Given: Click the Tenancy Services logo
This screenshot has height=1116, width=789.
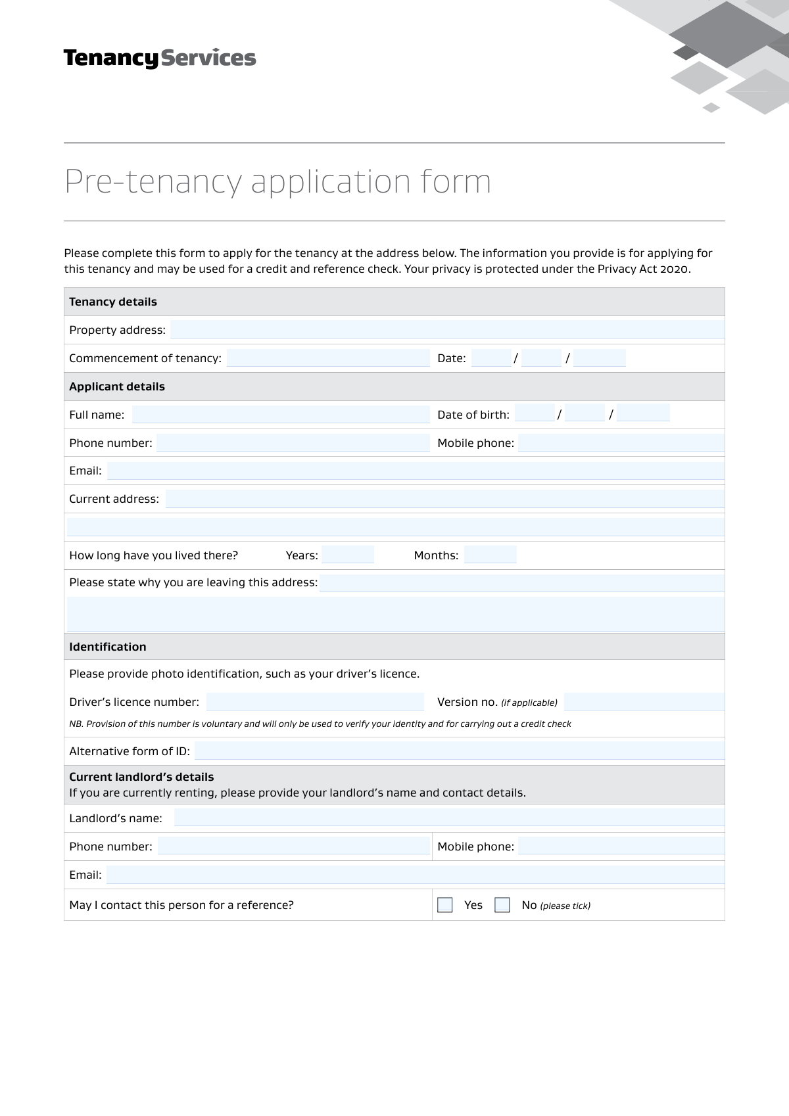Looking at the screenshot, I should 160,58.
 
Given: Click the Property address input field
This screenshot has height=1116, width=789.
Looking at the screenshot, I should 447,330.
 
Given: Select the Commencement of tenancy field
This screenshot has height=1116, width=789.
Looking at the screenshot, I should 328,358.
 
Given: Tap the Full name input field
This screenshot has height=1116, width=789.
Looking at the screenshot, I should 281,415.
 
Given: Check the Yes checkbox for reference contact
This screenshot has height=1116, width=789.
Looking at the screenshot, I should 445,905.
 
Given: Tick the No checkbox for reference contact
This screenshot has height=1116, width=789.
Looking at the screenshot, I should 502,905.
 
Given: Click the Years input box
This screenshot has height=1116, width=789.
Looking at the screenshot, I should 348,555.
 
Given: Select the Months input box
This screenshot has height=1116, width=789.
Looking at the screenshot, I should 490,555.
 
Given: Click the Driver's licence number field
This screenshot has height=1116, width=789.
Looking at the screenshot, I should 315,702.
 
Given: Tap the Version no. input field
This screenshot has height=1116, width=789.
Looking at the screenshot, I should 644,702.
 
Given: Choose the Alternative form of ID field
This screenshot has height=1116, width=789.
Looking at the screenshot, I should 460,751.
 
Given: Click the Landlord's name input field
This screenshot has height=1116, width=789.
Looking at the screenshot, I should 449,818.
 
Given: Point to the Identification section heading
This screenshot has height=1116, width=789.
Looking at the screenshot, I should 108,647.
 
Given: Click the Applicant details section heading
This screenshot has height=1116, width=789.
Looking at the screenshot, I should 117,386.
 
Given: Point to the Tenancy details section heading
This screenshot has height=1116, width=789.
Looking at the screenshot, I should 113,302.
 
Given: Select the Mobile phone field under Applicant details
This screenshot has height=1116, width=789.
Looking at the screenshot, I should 621,443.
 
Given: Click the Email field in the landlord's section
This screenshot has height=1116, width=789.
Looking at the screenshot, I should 415,875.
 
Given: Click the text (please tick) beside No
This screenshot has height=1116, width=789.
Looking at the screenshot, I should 565,906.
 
